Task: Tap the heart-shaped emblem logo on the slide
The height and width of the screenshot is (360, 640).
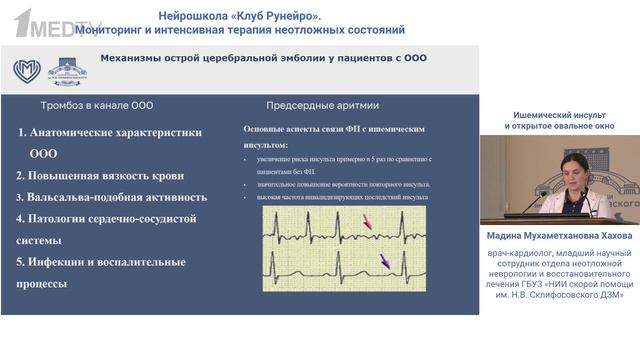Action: [27, 70]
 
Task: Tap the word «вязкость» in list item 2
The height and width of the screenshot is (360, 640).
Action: [148, 175]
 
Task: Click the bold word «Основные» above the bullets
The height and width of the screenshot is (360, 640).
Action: [267, 129]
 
